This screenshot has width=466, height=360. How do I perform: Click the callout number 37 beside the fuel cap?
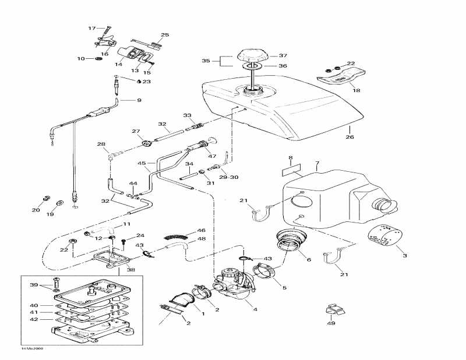tap(283, 56)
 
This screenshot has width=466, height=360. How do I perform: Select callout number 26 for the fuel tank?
tap(349, 137)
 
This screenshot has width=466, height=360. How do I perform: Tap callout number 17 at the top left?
tap(91, 28)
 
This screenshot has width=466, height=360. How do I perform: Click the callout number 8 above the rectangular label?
tap(290, 158)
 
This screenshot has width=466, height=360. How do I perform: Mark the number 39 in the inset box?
tap(34, 285)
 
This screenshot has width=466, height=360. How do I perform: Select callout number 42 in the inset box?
tap(34, 320)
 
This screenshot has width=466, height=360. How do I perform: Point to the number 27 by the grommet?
tap(136, 131)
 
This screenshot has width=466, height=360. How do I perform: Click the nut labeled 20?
tap(48, 197)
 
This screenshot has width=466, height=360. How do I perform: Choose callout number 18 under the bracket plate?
tap(355, 91)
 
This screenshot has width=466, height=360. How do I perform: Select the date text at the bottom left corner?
tap(32, 348)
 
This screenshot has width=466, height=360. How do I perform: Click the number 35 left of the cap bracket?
tap(206, 61)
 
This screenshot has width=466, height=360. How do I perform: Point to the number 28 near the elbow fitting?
tap(101, 144)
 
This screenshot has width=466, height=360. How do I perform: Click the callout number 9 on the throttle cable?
tap(139, 101)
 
